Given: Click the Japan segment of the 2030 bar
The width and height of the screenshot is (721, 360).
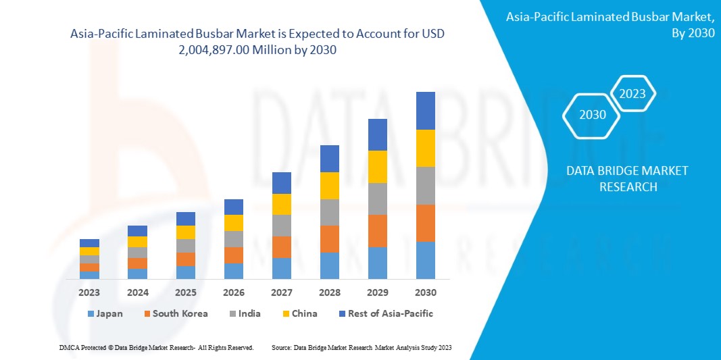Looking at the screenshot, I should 426,260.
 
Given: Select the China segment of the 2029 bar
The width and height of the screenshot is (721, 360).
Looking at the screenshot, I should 378,166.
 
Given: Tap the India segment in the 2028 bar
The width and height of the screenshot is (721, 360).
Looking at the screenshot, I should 330,212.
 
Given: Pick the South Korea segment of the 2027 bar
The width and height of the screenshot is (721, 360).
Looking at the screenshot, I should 282,247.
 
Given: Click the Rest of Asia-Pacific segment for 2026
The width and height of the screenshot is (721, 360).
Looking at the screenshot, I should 234,207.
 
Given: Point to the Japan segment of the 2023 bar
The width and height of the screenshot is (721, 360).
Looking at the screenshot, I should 89,275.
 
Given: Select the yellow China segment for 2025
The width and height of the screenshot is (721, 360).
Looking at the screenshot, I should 186,232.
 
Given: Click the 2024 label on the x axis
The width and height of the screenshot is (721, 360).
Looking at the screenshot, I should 138,292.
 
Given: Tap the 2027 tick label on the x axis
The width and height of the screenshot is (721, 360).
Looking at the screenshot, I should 282,292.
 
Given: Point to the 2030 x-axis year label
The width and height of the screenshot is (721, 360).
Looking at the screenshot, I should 426,292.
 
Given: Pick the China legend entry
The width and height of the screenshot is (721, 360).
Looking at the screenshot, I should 299,313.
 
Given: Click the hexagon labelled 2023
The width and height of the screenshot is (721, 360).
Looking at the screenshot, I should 632,94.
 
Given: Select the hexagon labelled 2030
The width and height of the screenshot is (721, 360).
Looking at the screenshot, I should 593,115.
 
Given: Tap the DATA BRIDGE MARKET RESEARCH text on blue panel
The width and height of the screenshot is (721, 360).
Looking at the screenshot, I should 628,178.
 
